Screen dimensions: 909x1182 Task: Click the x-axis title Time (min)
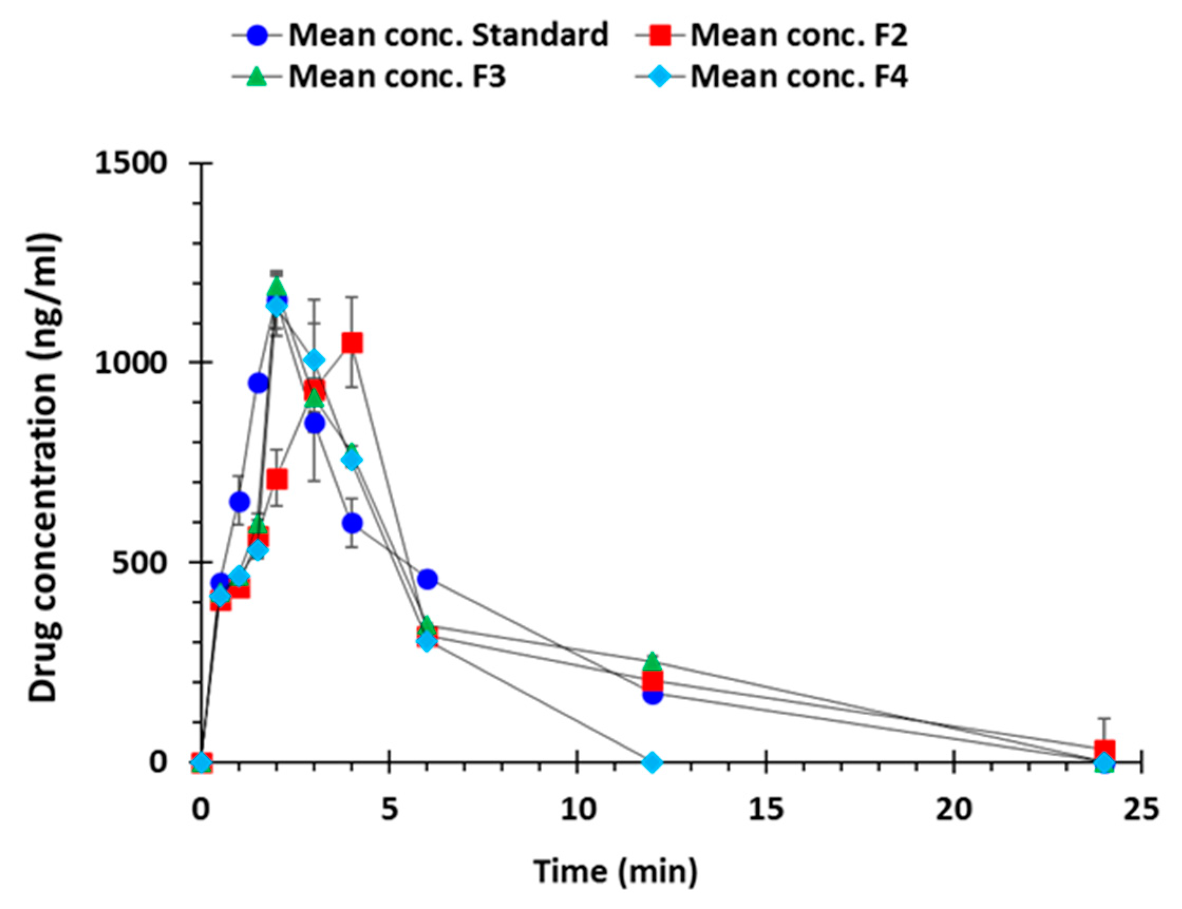tap(616, 872)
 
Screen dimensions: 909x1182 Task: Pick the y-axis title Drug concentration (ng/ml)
tap(43, 468)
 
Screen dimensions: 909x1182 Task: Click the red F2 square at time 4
tap(352, 343)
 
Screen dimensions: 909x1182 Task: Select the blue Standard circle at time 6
tap(427, 579)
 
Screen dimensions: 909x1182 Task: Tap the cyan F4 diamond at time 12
tap(652, 762)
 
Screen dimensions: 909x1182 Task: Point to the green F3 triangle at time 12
tap(652, 661)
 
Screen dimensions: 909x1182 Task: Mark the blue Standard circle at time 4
tap(352, 523)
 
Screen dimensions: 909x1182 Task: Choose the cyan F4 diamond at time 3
tap(314, 360)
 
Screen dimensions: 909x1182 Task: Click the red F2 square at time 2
tap(277, 479)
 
